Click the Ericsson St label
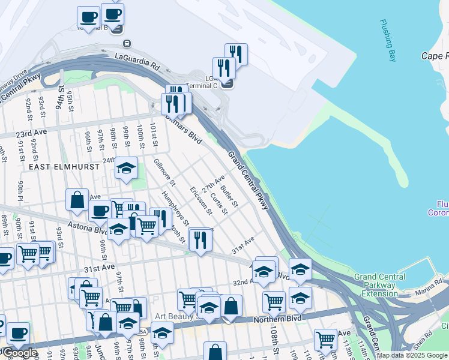[x=200, y=200]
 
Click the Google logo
[x=20, y=353]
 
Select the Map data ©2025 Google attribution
[x=412, y=355]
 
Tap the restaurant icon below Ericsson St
[x=199, y=239]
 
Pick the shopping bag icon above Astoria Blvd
[x=77, y=200]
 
